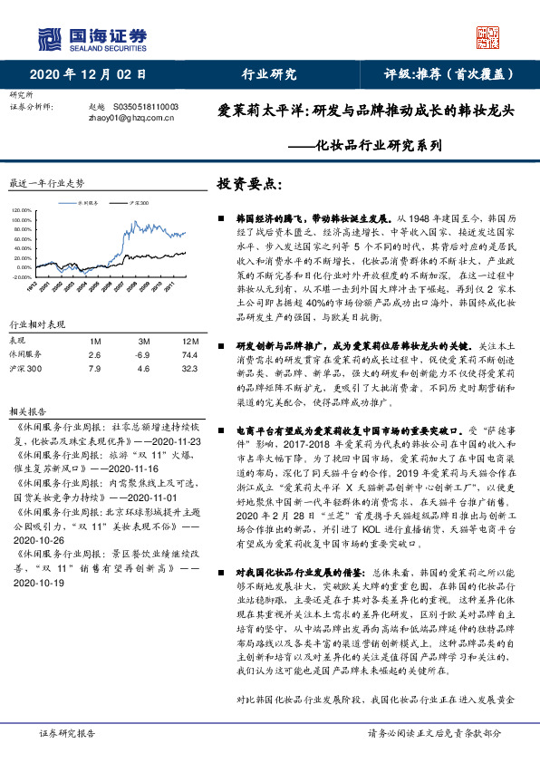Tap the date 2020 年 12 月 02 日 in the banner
pyautogui.click(x=88, y=74)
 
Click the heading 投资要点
pyautogui.click(x=249, y=183)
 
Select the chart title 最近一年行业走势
pyautogui.click(x=45, y=182)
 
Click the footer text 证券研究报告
pyautogui.click(x=64, y=733)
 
